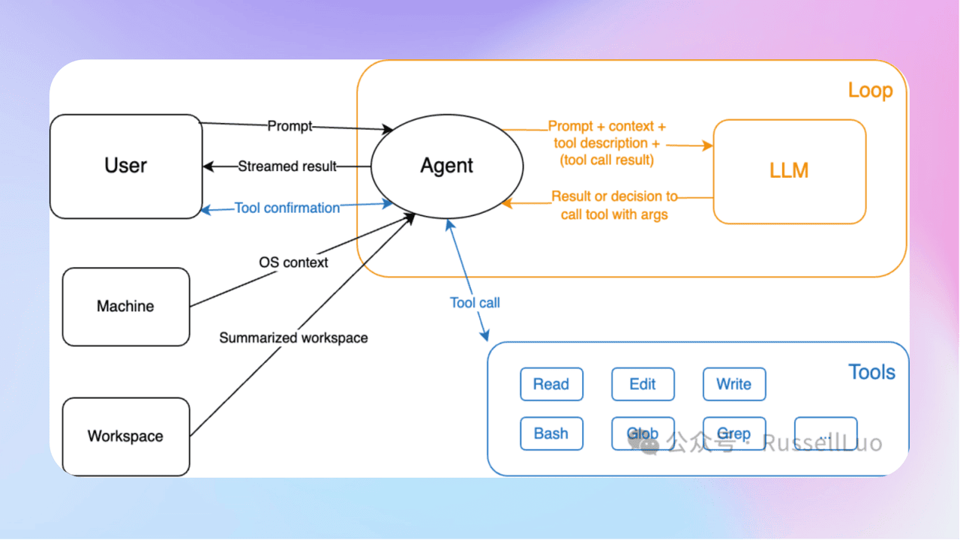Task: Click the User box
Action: (126, 166)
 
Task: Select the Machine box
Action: (126, 307)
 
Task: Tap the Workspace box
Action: (126, 436)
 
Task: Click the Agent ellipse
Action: (447, 166)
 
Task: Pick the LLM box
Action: (789, 171)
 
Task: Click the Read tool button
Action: (551, 384)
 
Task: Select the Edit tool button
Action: (643, 384)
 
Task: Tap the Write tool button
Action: (734, 384)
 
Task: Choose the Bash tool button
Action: (551, 433)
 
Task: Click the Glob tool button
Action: (643, 433)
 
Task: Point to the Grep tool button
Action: (734, 433)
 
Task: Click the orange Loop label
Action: (870, 91)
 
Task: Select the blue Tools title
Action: (871, 372)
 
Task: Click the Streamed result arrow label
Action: (287, 166)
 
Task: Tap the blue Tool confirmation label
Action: (287, 208)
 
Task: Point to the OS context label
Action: (293, 262)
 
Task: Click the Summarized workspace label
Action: (293, 337)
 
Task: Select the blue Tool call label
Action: (475, 303)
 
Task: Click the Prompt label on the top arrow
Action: (289, 126)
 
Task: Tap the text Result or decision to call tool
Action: (614, 205)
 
